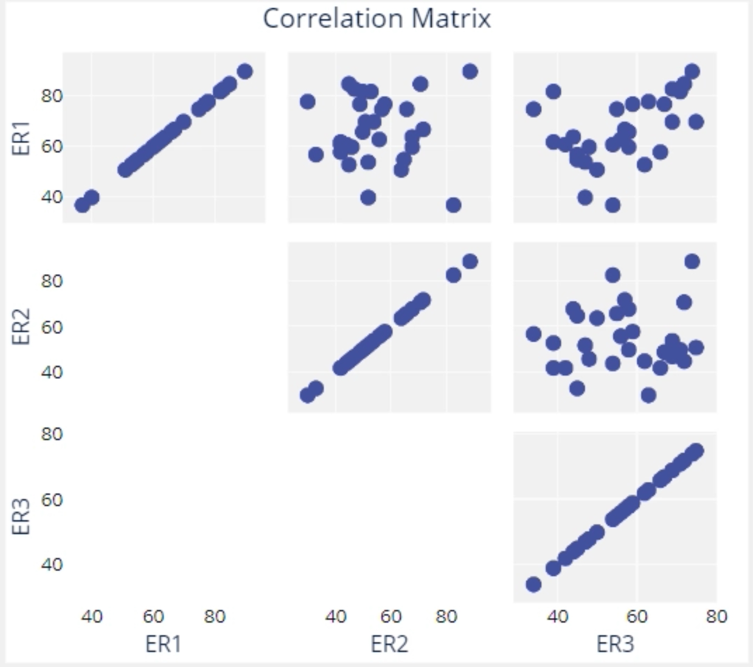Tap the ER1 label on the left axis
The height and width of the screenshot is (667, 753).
[21, 138]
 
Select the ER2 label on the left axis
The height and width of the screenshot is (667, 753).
[21, 327]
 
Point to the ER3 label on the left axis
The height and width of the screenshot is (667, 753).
[21, 516]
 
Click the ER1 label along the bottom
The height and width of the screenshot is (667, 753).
[163, 644]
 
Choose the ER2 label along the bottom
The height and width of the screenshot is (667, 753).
[389, 644]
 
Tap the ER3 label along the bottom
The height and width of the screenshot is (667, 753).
[615, 644]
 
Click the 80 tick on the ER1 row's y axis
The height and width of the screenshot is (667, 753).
[52, 96]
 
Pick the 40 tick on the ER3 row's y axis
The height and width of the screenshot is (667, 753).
[52, 564]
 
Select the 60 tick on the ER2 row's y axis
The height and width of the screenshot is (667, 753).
[52, 327]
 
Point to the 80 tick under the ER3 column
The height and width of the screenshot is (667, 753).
[716, 617]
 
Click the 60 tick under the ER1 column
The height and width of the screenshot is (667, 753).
[153, 617]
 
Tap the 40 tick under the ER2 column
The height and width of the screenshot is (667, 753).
[335, 617]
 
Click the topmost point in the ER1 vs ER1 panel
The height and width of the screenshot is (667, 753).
[245, 71]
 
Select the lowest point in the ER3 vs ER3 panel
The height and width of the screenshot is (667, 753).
[533, 584]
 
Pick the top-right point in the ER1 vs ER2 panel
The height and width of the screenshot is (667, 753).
[470, 71]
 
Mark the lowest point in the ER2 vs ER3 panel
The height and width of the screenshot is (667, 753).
[648, 395]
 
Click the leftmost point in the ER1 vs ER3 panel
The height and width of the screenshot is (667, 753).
[533, 109]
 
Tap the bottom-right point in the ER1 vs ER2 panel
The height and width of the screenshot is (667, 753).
[453, 205]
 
